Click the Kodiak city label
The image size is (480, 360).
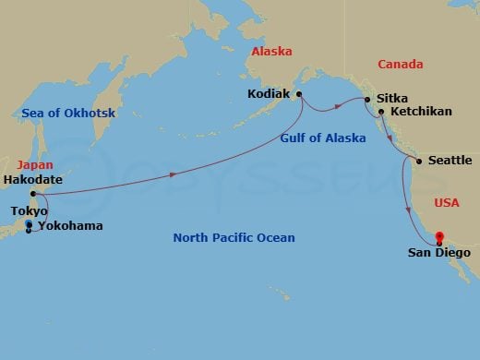tap(270, 93)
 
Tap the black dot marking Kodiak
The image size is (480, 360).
tap(299, 93)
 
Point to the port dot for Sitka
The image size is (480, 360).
tap(367, 99)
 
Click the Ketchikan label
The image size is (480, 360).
tap(421, 112)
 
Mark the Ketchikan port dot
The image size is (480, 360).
tap(381, 112)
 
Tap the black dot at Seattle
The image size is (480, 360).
tap(420, 162)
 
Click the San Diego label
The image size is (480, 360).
tap(439, 252)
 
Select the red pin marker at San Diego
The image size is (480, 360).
tap(439, 236)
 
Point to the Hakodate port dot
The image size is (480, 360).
tap(33, 194)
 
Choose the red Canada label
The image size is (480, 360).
tap(400, 64)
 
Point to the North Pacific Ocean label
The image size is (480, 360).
tap(234, 238)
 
